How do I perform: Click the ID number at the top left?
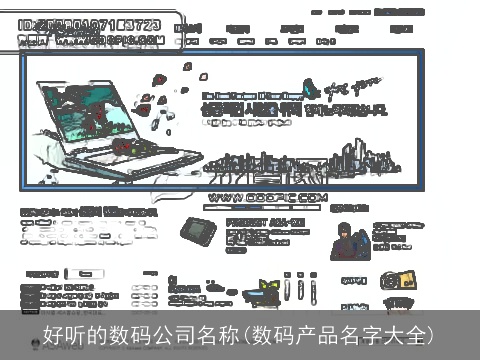[x=89, y=21]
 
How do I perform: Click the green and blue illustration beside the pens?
[x=267, y=292]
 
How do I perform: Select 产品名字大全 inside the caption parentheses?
[x=365, y=336]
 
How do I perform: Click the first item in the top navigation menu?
[x=186, y=29]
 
